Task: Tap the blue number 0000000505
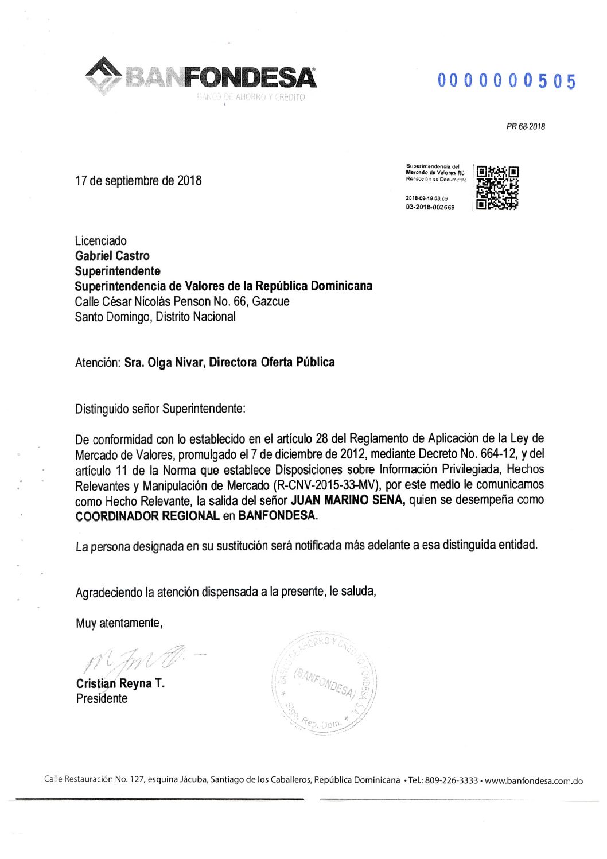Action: point(506,81)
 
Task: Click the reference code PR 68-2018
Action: point(526,127)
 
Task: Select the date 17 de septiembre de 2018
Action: point(138,181)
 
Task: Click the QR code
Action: point(497,187)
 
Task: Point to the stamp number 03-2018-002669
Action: point(430,207)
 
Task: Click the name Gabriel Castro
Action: point(112,256)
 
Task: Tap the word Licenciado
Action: point(101,241)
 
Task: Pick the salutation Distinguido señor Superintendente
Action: point(159,409)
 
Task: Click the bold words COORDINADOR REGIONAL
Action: point(147,515)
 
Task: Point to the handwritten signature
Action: point(135,660)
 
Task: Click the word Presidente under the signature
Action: point(102,699)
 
